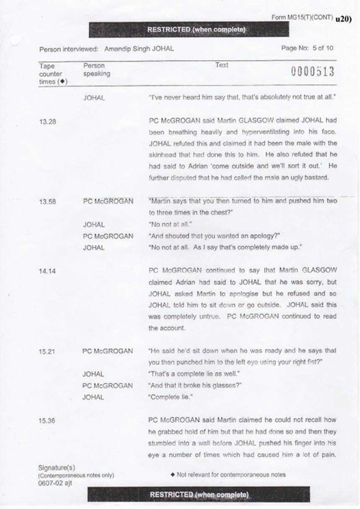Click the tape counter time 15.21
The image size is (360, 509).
pos(47,350)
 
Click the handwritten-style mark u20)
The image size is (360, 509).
pos(343,18)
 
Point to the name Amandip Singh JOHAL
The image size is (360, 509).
pos(137,49)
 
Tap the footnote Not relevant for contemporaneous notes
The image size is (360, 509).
pos(233,473)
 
